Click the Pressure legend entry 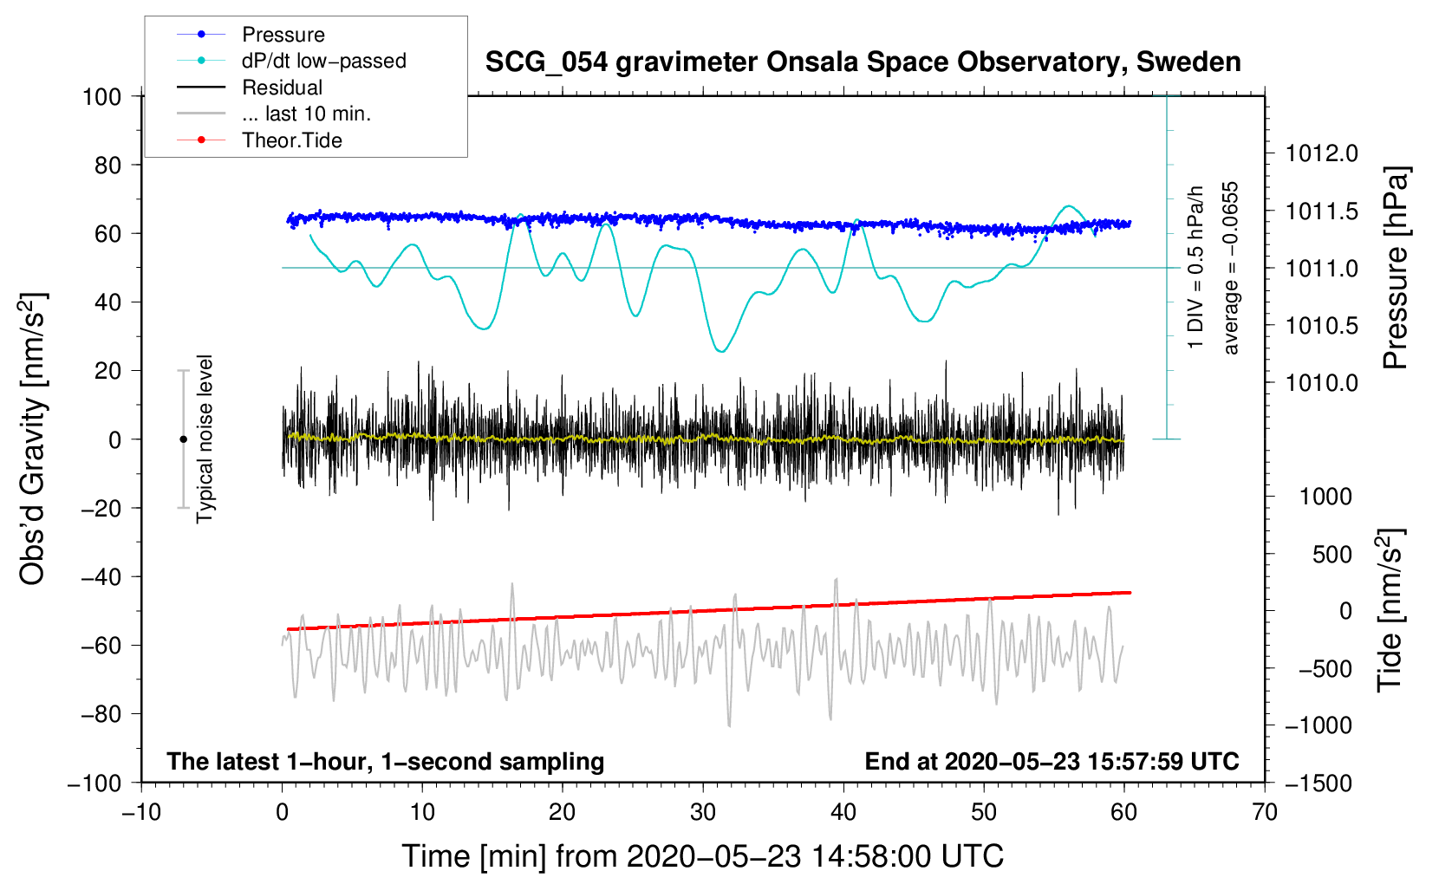(283, 35)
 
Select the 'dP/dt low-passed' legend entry (323, 61)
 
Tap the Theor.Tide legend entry (291, 140)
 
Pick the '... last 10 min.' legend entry (306, 114)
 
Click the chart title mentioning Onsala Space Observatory (863, 62)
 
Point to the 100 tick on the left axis (101, 96)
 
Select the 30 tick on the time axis (703, 812)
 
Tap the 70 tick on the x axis (1265, 812)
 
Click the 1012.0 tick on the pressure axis (1322, 153)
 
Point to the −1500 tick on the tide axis (1319, 783)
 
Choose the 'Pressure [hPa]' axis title (1395, 268)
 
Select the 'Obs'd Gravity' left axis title (33, 439)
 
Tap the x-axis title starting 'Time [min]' (702, 856)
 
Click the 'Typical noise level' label (205, 439)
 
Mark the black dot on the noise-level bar (183, 439)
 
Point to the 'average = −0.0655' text (1231, 268)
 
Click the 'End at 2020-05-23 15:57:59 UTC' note (1052, 762)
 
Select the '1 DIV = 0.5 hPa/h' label (1196, 267)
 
